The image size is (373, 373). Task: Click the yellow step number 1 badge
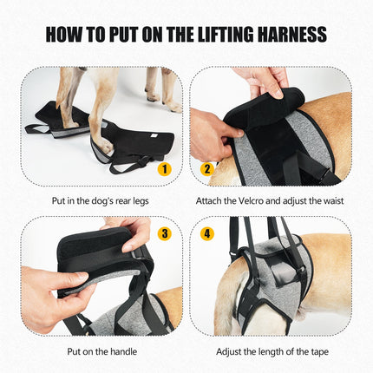click(165, 169)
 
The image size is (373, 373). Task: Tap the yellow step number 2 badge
click(207, 169)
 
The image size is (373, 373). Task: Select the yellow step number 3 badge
click(165, 233)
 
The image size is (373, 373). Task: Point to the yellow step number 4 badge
click(207, 233)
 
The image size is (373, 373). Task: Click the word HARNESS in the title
click(292, 35)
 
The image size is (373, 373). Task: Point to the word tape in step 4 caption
click(320, 352)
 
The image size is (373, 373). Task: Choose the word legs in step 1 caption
click(141, 201)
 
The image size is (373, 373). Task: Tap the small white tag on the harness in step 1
click(155, 135)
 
